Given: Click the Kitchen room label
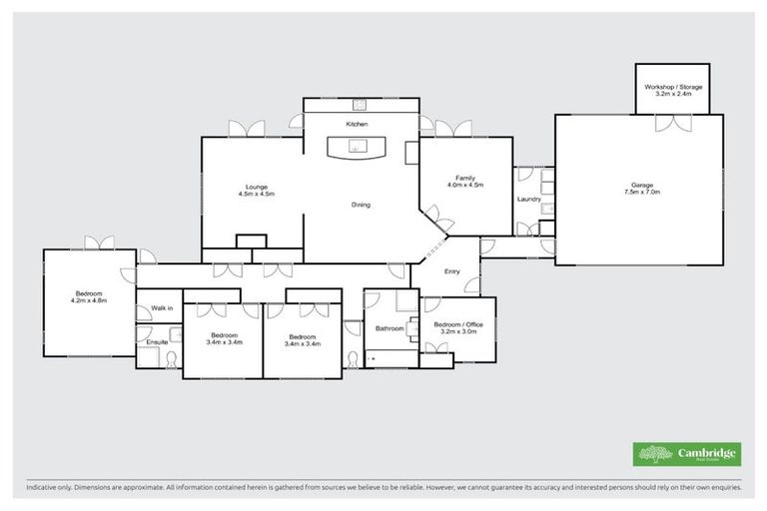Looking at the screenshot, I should [358, 124].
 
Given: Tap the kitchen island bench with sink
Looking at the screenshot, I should [359, 149].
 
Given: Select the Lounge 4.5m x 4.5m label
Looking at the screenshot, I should [256, 190].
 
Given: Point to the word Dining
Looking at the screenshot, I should [361, 205].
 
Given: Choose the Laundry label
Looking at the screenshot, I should [529, 199].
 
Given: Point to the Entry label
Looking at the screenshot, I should [452, 270].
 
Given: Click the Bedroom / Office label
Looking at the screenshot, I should [458, 327].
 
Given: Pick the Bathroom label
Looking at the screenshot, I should [389, 328].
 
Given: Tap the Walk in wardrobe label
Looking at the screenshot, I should [162, 308].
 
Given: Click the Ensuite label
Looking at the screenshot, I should [157, 342].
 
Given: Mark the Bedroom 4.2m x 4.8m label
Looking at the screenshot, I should [89, 296].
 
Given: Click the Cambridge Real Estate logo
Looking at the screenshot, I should [687, 453].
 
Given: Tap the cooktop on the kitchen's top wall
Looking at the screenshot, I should [358, 103].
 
